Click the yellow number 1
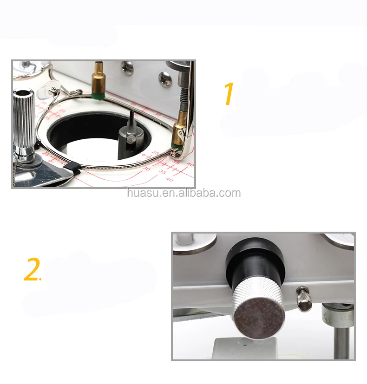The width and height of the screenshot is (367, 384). [228, 94]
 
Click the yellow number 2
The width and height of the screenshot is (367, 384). [32, 271]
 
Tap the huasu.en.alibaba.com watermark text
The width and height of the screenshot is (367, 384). [184, 193]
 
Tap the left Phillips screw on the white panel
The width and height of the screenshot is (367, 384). [127, 68]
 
